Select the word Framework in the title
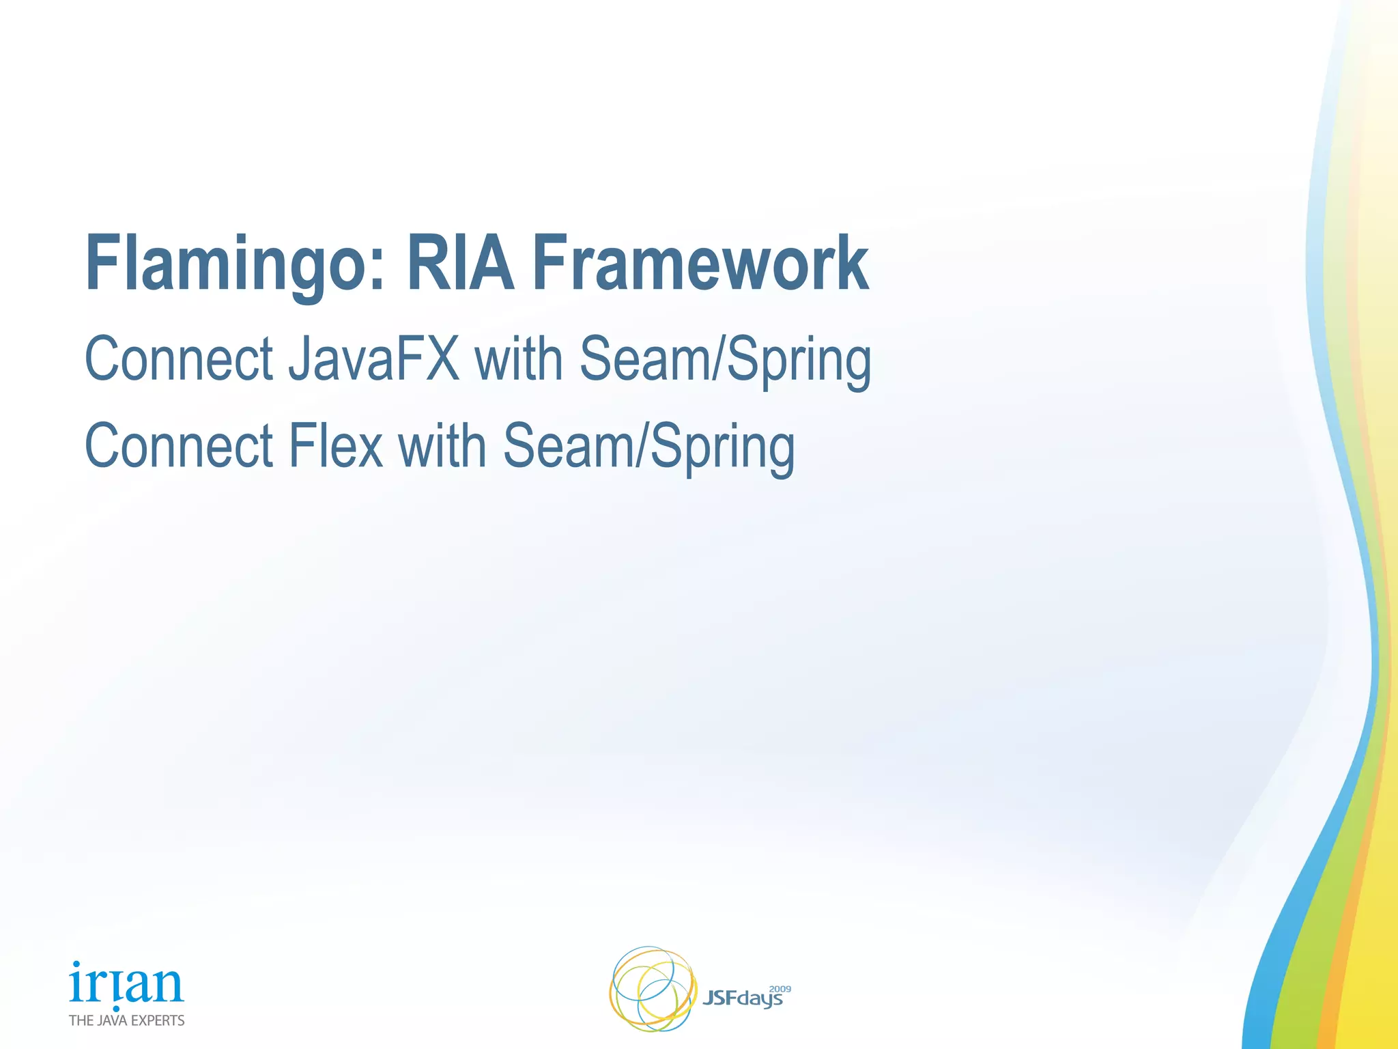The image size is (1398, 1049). click(700, 264)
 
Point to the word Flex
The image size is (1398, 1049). click(335, 446)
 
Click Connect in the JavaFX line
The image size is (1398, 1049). click(179, 359)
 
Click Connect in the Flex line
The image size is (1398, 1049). click(179, 446)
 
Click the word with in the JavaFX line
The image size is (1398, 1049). click(519, 359)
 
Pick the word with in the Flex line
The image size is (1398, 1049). click(442, 446)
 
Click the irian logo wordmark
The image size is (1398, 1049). click(126, 983)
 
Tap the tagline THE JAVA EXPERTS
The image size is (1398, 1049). click(127, 1020)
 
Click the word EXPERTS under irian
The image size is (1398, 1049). click(158, 1020)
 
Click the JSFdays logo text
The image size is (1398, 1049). click(742, 999)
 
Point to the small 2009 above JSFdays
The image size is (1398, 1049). click(780, 988)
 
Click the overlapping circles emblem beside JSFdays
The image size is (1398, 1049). click(652, 988)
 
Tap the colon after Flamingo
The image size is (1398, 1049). click(378, 273)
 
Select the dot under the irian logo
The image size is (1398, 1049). click(116, 1008)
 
